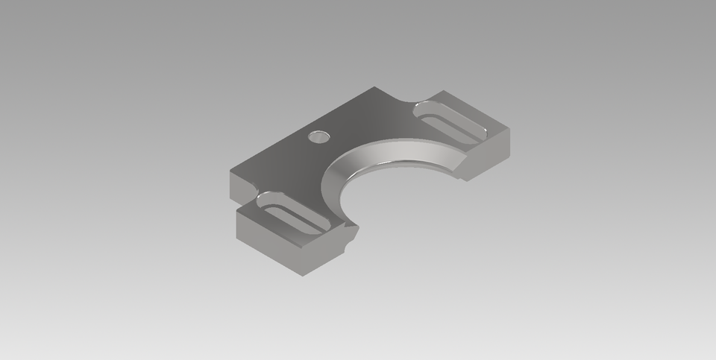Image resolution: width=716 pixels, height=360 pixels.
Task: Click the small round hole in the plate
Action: [x=318, y=136]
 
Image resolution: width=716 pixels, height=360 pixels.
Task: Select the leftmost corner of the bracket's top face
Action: [x=230, y=172]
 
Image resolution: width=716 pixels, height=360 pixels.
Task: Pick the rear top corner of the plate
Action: [x=374, y=87]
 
